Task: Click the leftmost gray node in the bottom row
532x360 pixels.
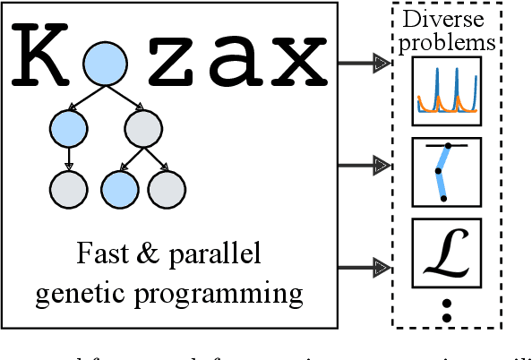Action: click(x=68, y=188)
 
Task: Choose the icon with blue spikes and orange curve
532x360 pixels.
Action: click(x=447, y=90)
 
